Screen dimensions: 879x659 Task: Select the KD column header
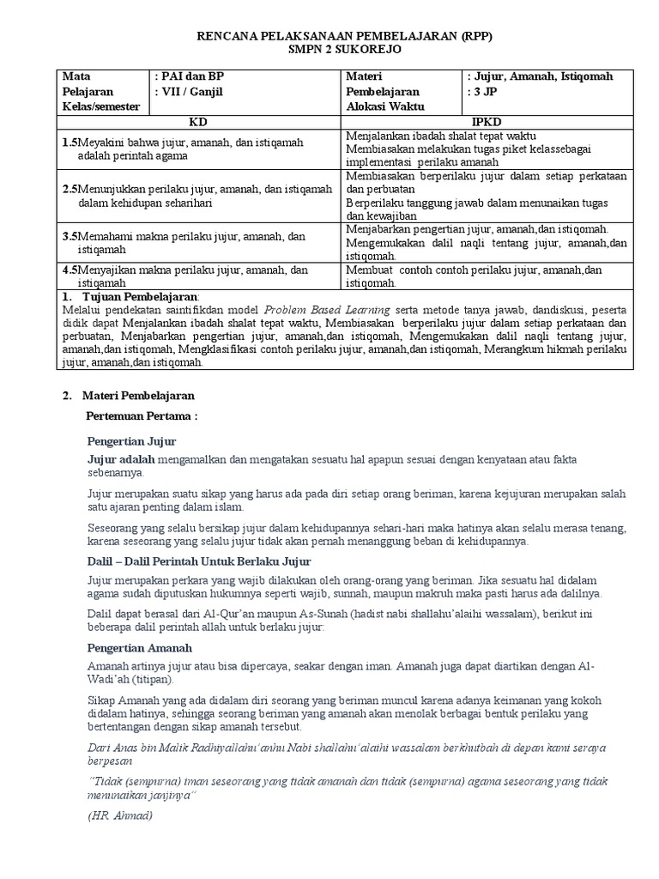[x=198, y=123]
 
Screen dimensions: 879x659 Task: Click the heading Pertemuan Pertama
[x=142, y=417]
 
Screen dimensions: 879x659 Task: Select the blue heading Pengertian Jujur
[x=131, y=441]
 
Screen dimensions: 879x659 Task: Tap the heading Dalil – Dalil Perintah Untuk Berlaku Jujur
[x=199, y=561]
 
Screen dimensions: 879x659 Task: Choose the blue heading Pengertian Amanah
[x=139, y=647]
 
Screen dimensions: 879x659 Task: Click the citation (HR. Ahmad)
[x=120, y=815]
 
